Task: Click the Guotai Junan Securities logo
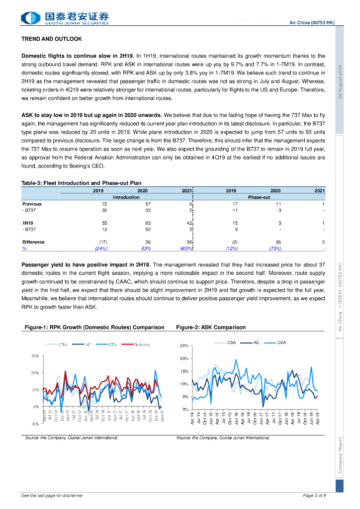[65, 18]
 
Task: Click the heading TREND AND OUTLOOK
[52, 39]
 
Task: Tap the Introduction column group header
[126, 197]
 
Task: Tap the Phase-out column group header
[259, 197]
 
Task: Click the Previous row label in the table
[32, 204]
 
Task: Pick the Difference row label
[33, 242]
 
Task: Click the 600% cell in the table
[186, 249]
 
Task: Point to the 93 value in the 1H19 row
[148, 223]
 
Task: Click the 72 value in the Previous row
[104, 204]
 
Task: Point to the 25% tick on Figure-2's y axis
[183, 346]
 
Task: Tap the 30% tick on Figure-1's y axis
[35, 356]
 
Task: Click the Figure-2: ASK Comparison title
[211, 328]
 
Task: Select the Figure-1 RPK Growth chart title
[94, 328]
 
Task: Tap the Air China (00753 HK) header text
[312, 23]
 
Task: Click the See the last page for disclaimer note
[52, 496]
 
